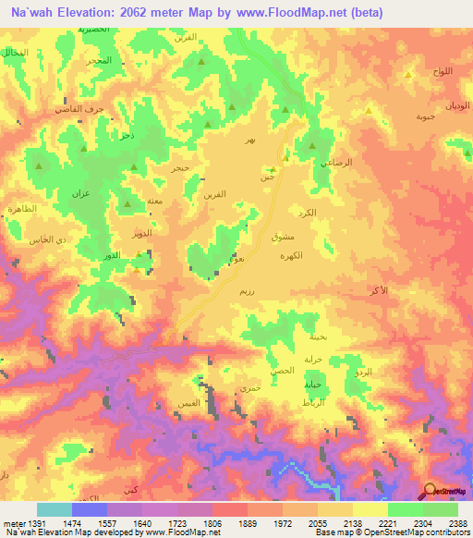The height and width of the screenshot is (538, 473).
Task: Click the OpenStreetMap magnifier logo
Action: [430, 491]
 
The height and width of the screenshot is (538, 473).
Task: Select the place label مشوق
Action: [284, 237]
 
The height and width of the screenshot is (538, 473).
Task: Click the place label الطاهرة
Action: [21, 210]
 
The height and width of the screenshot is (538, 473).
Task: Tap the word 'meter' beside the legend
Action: [15, 523]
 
